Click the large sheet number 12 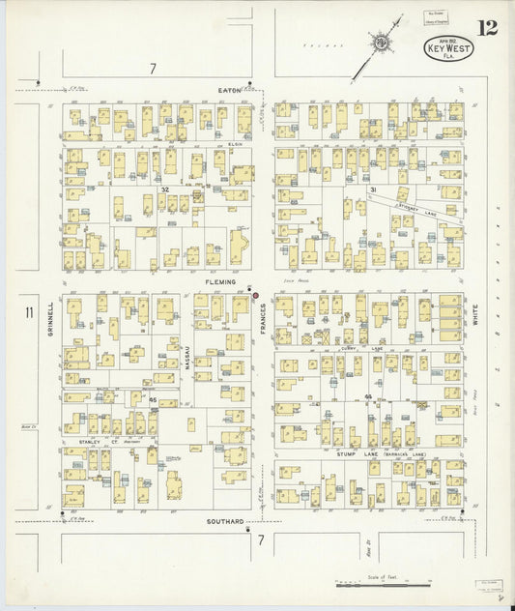pyautogui.click(x=487, y=27)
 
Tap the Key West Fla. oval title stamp pyautogui.click(x=448, y=47)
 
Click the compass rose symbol pyautogui.click(x=383, y=43)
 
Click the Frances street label pyautogui.click(x=262, y=320)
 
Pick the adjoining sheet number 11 pyautogui.click(x=29, y=311)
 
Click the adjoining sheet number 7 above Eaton pyautogui.click(x=153, y=68)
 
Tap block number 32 pyautogui.click(x=165, y=189)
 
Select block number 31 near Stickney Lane pyautogui.click(x=372, y=190)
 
